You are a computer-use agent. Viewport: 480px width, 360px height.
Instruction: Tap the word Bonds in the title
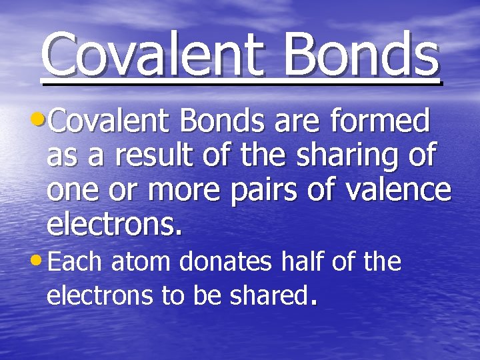[x=360, y=54]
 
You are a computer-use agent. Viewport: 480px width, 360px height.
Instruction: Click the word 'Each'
[x=76, y=262]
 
